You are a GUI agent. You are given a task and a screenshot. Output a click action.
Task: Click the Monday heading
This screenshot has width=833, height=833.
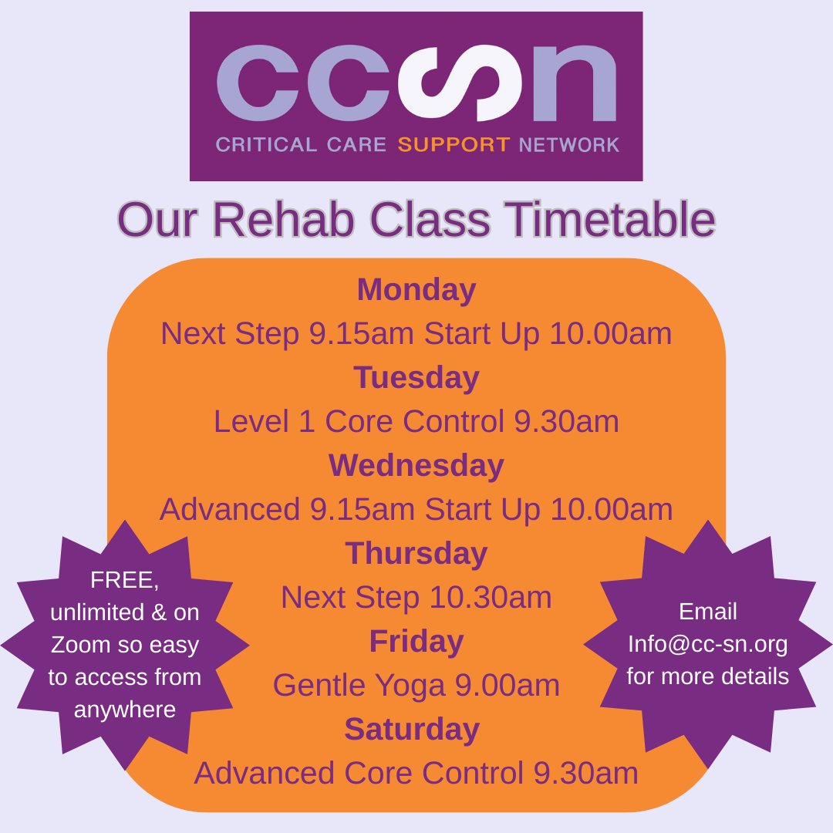(x=416, y=291)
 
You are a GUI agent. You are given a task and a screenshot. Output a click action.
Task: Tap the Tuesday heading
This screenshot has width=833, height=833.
(x=416, y=379)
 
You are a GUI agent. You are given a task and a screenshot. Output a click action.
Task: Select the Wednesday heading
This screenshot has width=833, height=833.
(x=416, y=466)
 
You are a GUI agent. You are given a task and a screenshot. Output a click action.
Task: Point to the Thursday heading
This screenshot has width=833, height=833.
(x=416, y=554)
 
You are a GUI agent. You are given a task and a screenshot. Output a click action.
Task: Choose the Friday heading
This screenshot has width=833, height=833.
(x=416, y=642)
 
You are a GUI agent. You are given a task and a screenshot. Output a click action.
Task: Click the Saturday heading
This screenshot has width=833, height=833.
(x=412, y=730)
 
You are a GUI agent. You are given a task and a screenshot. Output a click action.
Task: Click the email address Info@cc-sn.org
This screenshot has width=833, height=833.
(x=707, y=644)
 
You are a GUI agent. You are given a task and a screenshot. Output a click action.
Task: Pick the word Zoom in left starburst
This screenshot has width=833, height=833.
(x=80, y=645)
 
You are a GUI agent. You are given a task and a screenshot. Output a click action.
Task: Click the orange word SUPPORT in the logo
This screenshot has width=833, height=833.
(x=454, y=145)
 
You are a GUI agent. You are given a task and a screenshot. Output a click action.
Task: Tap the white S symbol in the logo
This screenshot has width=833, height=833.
(x=445, y=80)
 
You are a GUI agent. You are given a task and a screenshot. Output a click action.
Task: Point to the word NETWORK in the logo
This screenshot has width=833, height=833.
(x=569, y=145)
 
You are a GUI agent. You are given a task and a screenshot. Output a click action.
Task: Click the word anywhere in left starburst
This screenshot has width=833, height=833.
(x=125, y=710)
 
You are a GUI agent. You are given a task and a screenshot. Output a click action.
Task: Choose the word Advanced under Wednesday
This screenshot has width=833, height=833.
(x=230, y=510)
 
